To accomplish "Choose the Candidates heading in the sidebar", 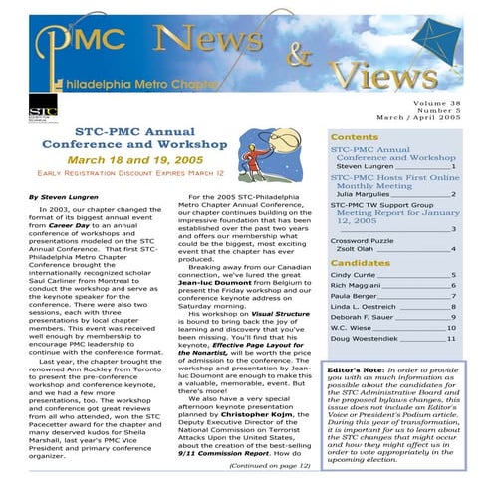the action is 360,262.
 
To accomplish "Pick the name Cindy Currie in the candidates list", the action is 353,274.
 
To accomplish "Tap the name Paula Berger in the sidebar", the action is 353,296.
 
